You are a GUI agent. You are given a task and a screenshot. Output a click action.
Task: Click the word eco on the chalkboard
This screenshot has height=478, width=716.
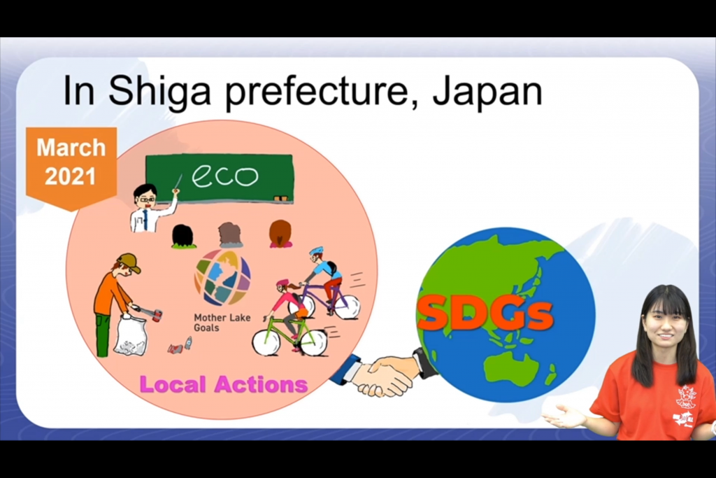tap(224, 176)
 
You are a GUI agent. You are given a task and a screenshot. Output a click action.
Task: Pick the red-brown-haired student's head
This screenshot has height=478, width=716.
tap(280, 234)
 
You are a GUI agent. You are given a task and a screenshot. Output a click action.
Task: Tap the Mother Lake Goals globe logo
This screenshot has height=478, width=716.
tap(222, 277)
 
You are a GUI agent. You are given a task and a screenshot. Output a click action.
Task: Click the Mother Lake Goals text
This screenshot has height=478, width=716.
tap(222, 322)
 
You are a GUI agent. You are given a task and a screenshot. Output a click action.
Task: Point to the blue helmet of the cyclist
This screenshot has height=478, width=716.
tap(316, 251)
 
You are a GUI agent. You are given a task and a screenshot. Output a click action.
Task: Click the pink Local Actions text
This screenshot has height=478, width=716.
tap(223, 384)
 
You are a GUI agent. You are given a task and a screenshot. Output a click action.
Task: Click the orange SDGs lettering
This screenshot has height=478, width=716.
tap(485, 314)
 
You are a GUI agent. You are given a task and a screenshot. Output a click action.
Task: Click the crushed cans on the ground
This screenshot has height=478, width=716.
tap(181, 346)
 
